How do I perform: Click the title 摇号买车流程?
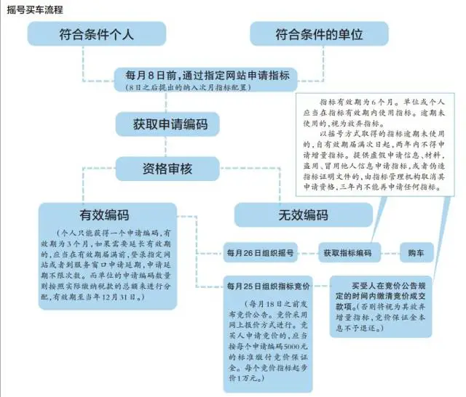coord(35,9)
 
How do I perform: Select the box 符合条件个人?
coord(92,33)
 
